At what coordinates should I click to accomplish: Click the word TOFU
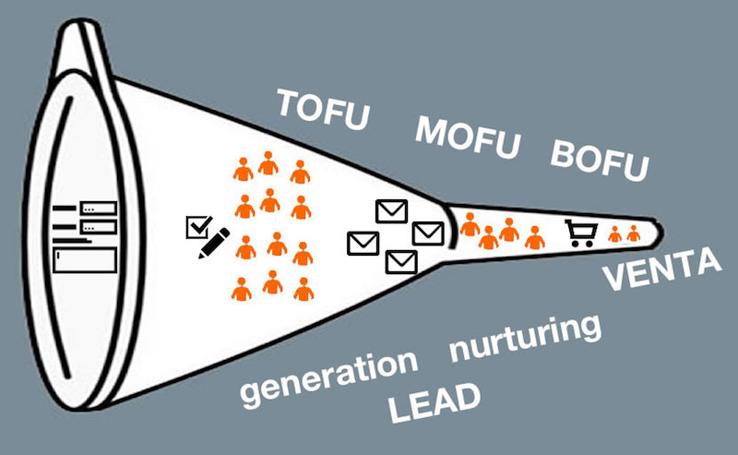tap(323, 110)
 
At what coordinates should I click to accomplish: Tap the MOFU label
tap(468, 137)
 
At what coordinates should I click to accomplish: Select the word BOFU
tap(599, 159)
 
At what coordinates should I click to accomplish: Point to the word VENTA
tap(662, 269)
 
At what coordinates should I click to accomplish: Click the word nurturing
tap(525, 337)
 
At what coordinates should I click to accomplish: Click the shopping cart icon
tap(581, 233)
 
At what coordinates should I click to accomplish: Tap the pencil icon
tap(214, 243)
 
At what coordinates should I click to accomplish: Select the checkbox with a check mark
tap(199, 227)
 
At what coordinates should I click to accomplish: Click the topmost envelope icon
tap(391, 211)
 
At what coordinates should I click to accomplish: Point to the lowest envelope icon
tap(401, 262)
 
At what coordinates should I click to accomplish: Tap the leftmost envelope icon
tap(363, 244)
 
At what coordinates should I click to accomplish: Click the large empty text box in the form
tap(85, 260)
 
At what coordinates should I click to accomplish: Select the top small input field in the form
tap(99, 208)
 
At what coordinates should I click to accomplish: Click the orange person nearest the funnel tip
tap(634, 233)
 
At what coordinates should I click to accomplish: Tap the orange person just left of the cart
tap(535, 237)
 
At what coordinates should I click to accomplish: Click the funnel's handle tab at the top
tap(82, 47)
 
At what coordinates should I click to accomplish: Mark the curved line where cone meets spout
tap(452, 226)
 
